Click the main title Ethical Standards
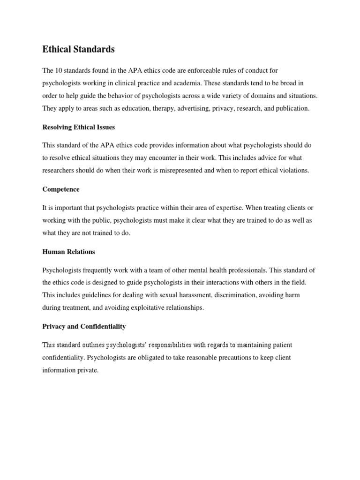coord(78,49)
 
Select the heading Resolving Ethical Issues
coord(79,127)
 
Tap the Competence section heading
coord(61,189)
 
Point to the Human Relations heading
coord(68,252)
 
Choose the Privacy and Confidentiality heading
coord(84,326)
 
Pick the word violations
coord(292,171)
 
